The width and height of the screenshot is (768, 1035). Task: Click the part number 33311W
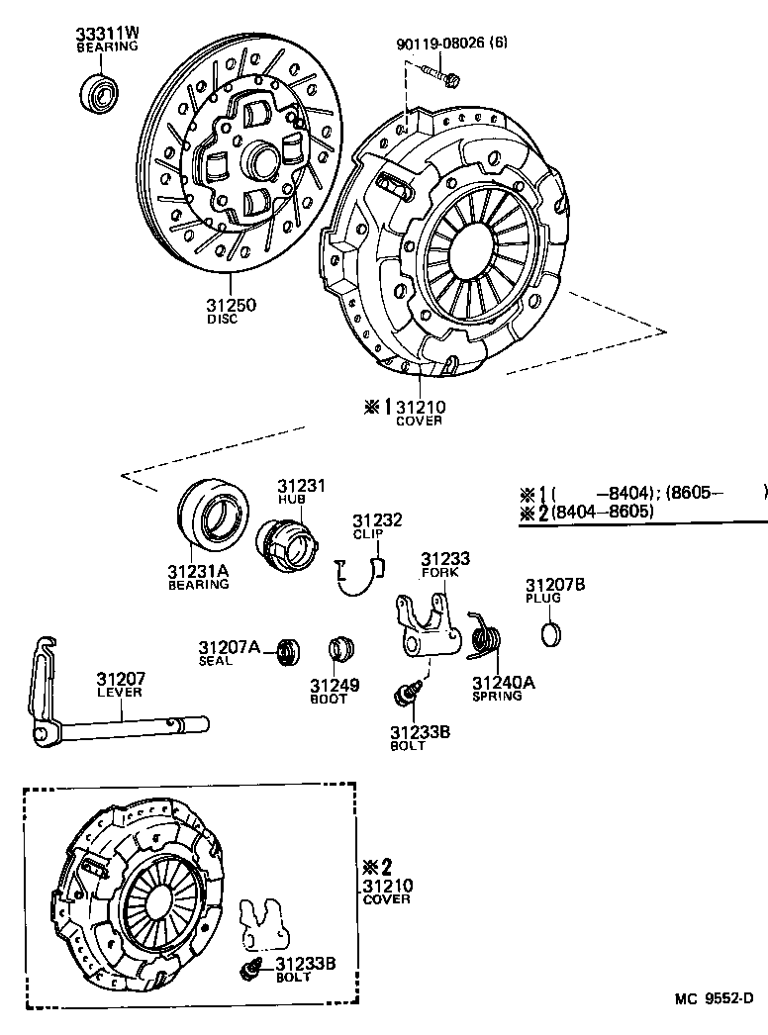pyautogui.click(x=108, y=34)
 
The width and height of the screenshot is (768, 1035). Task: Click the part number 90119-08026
pyautogui.click(x=446, y=44)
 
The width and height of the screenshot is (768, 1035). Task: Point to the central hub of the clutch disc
pyautogui.click(x=259, y=157)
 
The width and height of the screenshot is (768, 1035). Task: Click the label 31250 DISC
pyautogui.click(x=231, y=311)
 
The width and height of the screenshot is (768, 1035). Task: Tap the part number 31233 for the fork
pyautogui.click(x=445, y=559)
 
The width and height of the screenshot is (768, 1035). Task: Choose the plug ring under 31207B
pyautogui.click(x=554, y=633)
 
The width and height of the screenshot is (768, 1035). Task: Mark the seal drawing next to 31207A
pyautogui.click(x=287, y=650)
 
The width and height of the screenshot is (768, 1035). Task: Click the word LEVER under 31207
pyautogui.click(x=120, y=692)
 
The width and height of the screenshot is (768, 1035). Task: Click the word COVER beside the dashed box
pyautogui.click(x=386, y=899)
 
